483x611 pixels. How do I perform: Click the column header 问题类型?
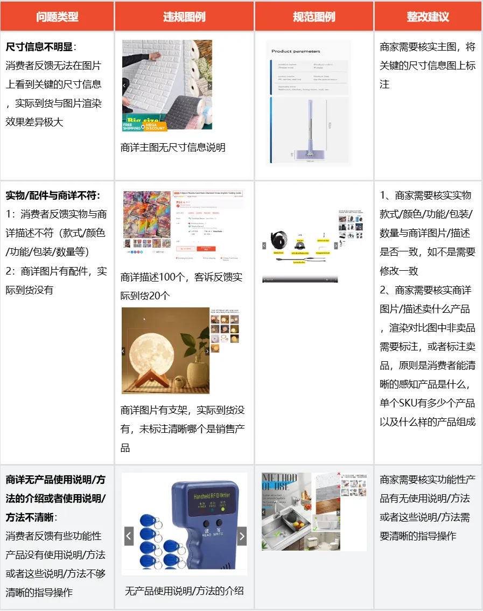pyautogui.click(x=57, y=17)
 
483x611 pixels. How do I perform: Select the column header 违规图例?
pyautogui.click(x=184, y=17)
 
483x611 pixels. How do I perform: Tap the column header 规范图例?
pyautogui.click(x=314, y=17)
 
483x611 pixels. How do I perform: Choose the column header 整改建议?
pyautogui.click(x=428, y=17)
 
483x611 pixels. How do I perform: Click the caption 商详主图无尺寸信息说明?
pyautogui.click(x=173, y=148)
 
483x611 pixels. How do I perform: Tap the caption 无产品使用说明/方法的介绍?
pyautogui.click(x=184, y=591)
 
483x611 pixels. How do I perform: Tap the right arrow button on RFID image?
pyautogui.click(x=242, y=536)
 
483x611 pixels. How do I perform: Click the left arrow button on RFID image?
pyautogui.click(x=129, y=536)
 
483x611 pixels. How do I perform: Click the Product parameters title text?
pyautogui.click(x=296, y=52)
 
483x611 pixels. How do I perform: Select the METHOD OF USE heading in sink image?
pyautogui.click(x=279, y=481)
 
